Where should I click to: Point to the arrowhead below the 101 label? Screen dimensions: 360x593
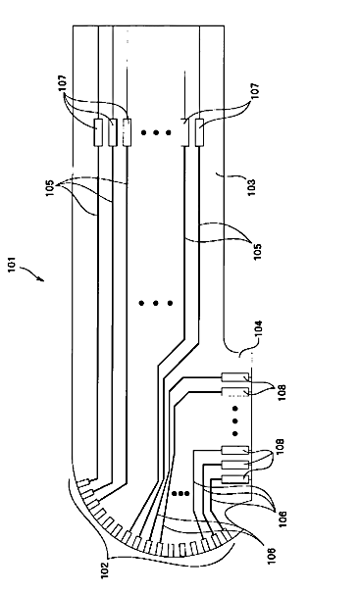pyautogui.click(x=41, y=279)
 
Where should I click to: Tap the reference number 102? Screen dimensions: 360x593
pyautogui.click(x=105, y=570)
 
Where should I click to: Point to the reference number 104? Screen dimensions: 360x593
pyautogui.click(x=259, y=329)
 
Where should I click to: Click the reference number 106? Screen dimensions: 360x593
pyautogui.click(x=283, y=519)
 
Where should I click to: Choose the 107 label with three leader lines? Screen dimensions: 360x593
pyautogui.click(x=63, y=83)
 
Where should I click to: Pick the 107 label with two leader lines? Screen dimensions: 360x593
pyautogui.click(x=255, y=91)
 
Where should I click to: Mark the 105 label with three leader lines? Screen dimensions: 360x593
pyautogui.click(x=51, y=187)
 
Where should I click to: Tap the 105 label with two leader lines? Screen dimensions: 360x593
pyautogui.click(x=257, y=251)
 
